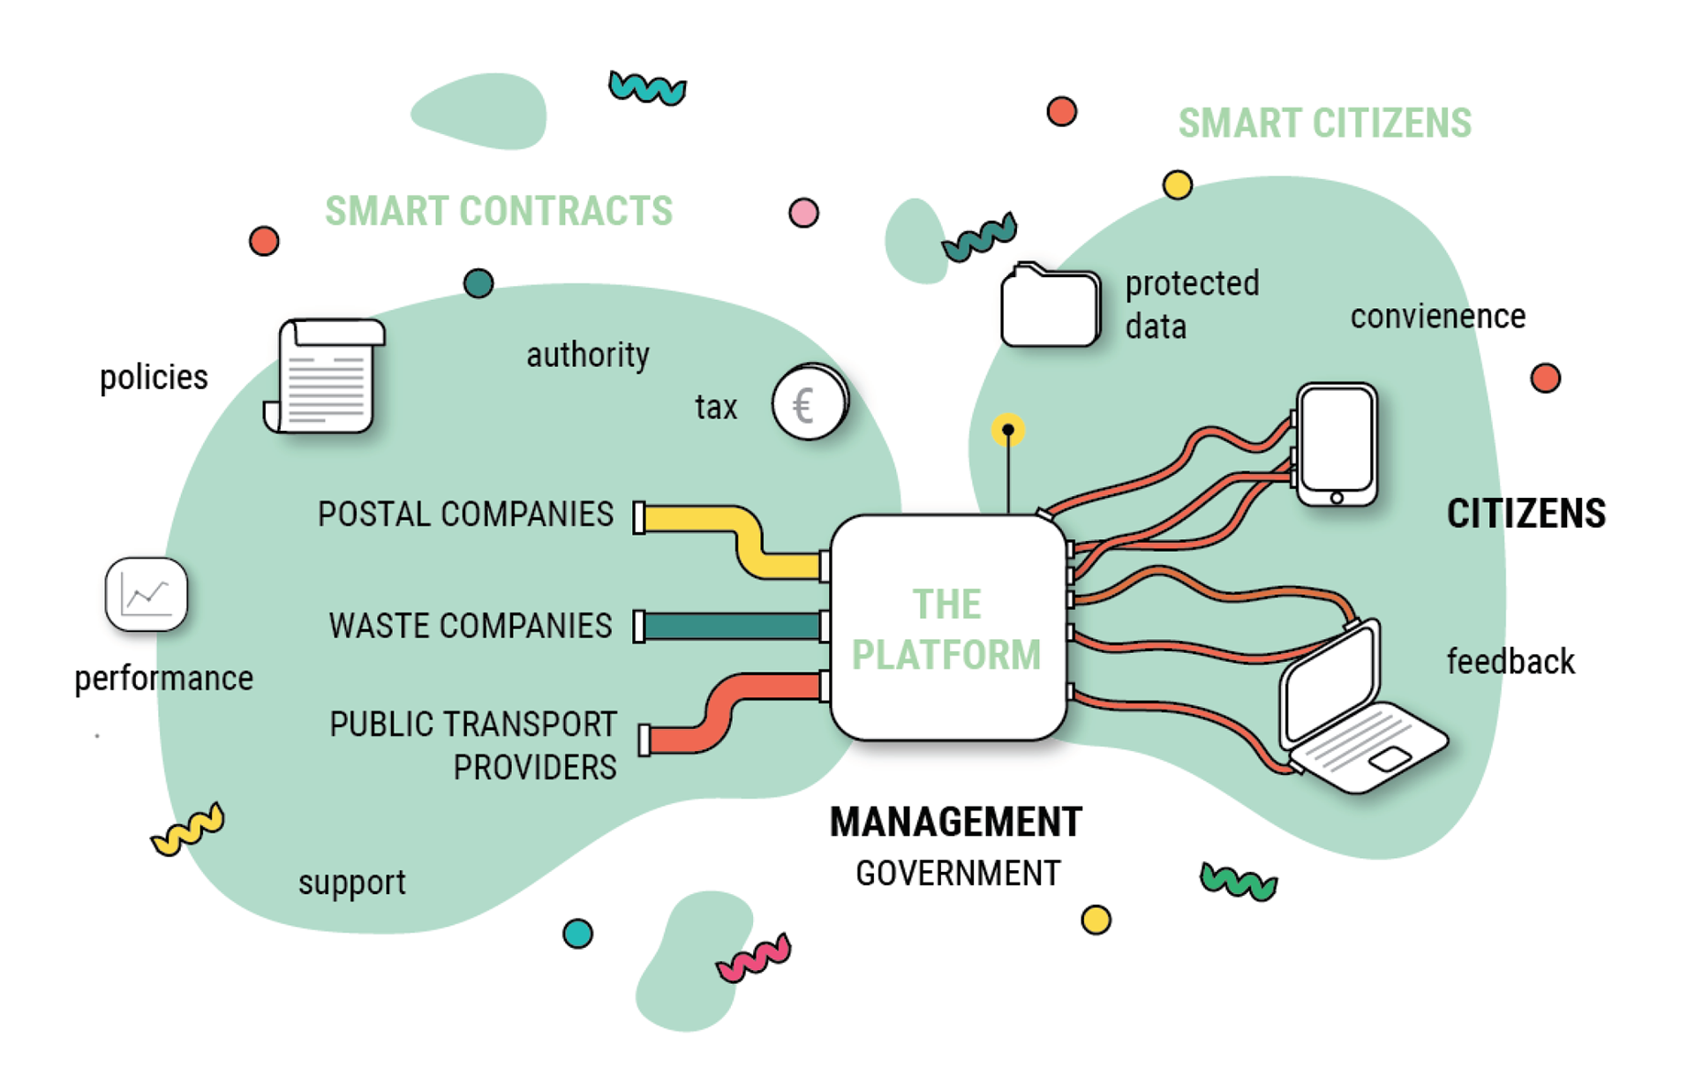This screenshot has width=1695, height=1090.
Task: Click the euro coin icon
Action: [809, 403]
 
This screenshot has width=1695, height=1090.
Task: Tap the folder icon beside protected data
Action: [1050, 306]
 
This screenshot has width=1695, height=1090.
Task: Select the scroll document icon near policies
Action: [326, 377]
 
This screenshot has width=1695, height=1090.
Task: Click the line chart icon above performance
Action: [146, 594]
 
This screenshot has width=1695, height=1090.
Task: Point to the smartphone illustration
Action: [1337, 444]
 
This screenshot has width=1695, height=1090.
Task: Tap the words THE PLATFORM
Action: [946, 629]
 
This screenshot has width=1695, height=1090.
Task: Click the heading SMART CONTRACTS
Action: [499, 212]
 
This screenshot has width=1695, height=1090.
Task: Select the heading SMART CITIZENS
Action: [1324, 124]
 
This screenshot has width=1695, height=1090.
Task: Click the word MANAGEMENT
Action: [955, 823]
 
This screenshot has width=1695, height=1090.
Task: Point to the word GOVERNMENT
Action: [958, 874]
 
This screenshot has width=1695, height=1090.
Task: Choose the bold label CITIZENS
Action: [1525, 514]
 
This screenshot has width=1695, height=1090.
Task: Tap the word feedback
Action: [1510, 662]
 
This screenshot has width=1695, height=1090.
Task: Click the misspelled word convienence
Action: [1437, 317]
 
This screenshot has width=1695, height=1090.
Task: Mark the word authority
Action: [588, 355]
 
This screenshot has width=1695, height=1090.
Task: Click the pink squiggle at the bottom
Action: [753, 958]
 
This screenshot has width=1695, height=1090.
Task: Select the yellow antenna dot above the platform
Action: [1007, 431]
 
